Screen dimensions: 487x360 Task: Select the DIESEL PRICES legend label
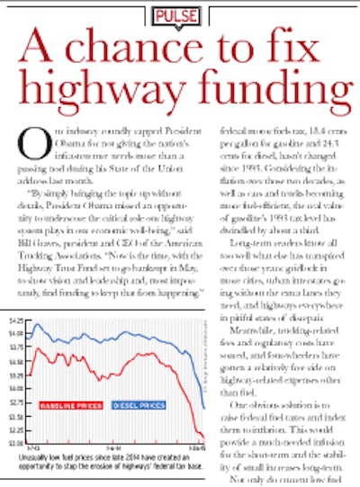tap(139, 405)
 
